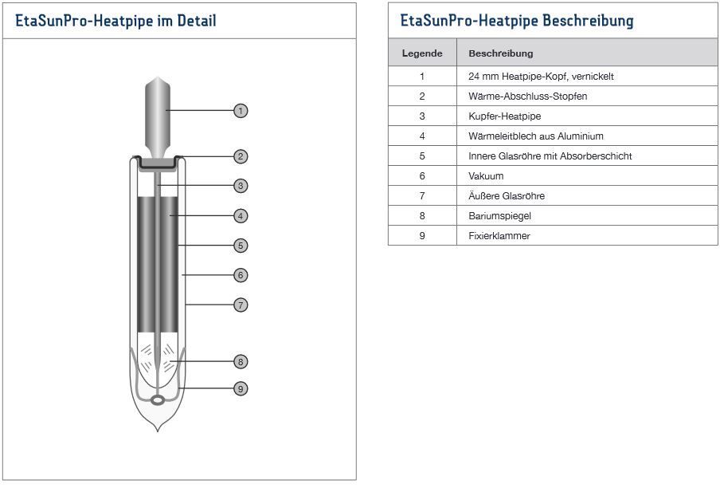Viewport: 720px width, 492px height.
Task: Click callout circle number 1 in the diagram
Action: pos(241,111)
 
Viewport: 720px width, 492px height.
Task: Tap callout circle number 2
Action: pos(241,156)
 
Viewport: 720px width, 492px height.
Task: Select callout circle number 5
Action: pos(241,246)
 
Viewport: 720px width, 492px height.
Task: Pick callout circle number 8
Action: pos(241,362)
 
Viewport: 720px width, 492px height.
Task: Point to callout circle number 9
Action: pos(241,389)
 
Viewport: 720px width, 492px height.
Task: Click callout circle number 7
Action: pos(241,305)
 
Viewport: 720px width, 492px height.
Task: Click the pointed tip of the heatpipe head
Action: pos(158,77)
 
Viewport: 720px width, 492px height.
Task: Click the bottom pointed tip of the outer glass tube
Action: pos(158,431)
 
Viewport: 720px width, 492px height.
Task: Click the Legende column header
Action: pos(422,53)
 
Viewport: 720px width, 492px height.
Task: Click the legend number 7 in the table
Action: pos(422,196)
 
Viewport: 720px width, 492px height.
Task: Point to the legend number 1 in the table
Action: pos(422,77)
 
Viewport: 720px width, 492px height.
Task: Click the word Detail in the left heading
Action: pos(197,21)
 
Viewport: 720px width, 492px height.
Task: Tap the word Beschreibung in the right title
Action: pos(588,21)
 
